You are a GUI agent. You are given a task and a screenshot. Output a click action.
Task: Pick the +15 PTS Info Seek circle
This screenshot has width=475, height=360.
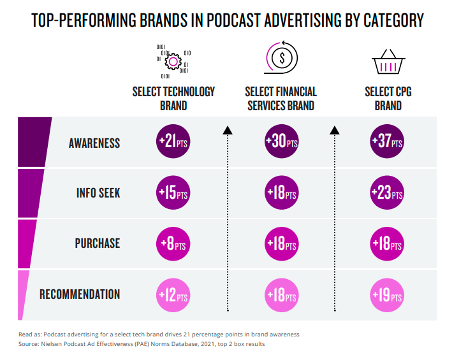(x=173, y=193)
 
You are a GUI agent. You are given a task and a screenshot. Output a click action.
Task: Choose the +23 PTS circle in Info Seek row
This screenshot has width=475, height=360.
(x=388, y=193)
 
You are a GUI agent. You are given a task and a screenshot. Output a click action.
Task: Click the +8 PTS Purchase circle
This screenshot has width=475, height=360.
(x=173, y=243)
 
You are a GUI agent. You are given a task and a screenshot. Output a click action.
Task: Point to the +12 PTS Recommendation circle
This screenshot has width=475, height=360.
(x=173, y=296)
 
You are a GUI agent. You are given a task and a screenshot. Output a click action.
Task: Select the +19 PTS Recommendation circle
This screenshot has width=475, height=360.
(x=388, y=296)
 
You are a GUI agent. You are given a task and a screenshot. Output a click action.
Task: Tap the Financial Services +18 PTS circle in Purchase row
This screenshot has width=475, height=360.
(x=281, y=243)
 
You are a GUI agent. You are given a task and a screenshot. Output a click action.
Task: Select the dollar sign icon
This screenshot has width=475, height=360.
(x=281, y=58)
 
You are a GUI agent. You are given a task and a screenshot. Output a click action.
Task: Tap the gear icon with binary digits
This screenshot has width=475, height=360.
(x=173, y=61)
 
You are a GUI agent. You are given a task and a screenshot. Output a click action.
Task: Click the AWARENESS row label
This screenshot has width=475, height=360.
(x=94, y=143)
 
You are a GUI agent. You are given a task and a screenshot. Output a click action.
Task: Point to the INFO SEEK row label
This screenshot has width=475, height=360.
(x=97, y=193)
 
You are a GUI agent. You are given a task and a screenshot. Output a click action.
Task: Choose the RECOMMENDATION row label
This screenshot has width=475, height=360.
(x=80, y=294)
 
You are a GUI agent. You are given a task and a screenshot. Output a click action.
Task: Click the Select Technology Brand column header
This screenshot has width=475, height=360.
(x=173, y=98)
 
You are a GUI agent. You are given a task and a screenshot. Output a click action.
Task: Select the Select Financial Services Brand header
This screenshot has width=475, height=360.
(x=281, y=98)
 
